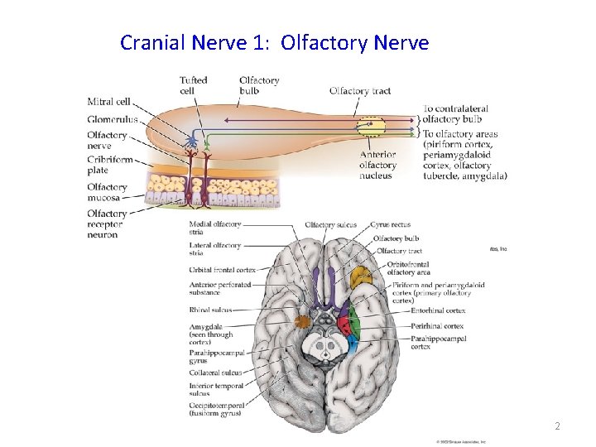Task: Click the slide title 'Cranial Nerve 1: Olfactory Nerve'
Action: tap(274, 42)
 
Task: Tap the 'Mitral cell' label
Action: tap(108, 102)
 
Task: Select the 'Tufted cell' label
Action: tap(192, 85)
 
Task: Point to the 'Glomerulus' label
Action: tap(113, 119)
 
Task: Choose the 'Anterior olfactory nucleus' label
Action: tap(378, 165)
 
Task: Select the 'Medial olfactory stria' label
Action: tap(214, 228)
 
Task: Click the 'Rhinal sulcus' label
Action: tap(210, 310)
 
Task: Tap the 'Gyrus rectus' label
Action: tap(390, 224)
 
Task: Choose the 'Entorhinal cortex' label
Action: tap(438, 311)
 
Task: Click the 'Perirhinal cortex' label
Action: tap(436, 326)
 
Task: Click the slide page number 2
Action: tap(557, 426)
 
